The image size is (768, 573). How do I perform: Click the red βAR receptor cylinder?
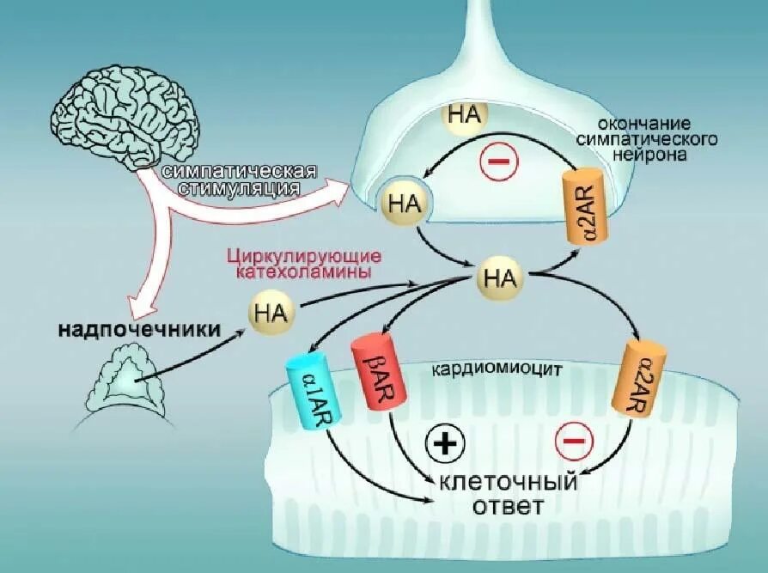[x=372, y=372]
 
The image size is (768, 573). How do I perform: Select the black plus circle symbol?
[x=445, y=444]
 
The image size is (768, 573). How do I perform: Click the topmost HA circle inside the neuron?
[x=464, y=117]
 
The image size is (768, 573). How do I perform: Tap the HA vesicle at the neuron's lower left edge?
[x=402, y=203]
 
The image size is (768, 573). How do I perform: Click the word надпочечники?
[x=139, y=329]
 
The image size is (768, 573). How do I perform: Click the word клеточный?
[x=508, y=481]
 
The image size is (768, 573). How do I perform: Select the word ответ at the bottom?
[x=507, y=506]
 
